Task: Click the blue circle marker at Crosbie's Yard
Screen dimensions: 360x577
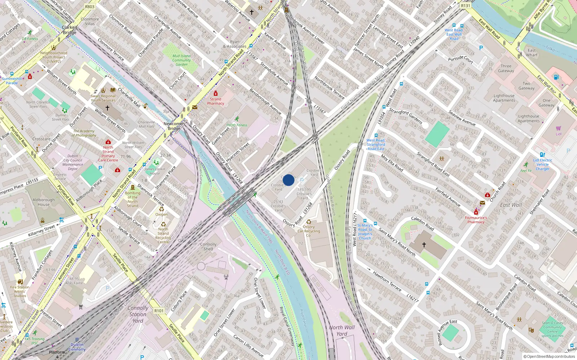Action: tap(288, 180)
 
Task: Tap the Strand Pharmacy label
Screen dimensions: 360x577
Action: tap(216, 101)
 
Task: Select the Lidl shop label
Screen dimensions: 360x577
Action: tap(559, 134)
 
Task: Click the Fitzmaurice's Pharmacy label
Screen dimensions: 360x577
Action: tap(476, 220)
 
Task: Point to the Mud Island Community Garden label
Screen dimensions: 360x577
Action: tap(181, 60)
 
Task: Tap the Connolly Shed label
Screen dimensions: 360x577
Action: tap(208, 246)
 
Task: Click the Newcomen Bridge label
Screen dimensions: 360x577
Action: tap(174, 126)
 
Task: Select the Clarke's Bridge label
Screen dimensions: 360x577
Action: tap(70, 30)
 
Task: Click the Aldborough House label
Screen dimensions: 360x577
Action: tap(44, 202)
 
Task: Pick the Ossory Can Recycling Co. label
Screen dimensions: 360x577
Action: tap(309, 231)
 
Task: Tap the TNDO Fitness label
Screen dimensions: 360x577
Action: tap(237, 125)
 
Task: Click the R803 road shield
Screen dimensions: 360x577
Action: tap(90, 7)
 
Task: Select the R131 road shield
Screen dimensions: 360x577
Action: tap(466, 6)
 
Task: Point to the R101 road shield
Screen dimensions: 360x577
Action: tap(159, 311)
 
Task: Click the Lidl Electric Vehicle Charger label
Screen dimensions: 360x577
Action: tap(542, 165)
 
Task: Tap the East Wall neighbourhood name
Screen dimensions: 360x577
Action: tap(511, 205)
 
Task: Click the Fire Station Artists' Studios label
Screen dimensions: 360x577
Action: tap(20, 292)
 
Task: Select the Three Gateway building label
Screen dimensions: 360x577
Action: tap(506, 68)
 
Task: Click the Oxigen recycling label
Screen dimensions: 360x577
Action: tap(161, 214)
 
